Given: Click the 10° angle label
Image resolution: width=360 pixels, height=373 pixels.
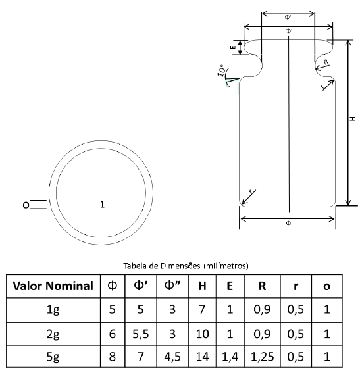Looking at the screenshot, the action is [222, 70].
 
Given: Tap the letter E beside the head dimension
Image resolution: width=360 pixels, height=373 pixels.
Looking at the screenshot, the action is [233, 47].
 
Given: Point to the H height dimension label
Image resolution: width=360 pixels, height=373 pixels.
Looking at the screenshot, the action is [353, 118].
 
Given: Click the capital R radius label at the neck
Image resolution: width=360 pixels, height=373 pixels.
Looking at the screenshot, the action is [326, 62].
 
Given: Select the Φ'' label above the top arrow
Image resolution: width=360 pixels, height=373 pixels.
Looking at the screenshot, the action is [288, 17].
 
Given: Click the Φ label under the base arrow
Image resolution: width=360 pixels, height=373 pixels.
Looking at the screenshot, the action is [288, 223].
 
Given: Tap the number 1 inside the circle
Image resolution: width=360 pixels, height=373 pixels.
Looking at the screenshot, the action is [102, 205].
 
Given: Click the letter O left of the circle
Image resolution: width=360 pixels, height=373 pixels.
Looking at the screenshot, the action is [26, 205].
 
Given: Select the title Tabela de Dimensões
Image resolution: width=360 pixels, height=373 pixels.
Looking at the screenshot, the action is [162, 266].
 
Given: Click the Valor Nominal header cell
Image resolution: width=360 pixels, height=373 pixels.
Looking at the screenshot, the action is [53, 286].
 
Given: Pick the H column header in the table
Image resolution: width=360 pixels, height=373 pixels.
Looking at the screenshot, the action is [202, 286].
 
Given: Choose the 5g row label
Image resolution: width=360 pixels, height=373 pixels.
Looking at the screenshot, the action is [53, 357].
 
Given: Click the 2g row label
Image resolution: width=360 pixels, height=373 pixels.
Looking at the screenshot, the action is [53, 334].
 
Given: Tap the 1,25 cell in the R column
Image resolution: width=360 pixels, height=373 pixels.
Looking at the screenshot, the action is [262, 357].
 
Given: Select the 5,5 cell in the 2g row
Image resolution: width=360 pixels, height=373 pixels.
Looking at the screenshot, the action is [140, 334].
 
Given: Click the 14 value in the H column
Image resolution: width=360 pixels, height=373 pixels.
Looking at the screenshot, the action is [202, 357].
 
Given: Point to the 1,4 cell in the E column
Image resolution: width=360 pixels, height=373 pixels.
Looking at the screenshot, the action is [230, 357].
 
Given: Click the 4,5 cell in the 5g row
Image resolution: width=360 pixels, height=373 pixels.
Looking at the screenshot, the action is [172, 357].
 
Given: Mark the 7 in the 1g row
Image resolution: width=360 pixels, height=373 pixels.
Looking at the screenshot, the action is [202, 309].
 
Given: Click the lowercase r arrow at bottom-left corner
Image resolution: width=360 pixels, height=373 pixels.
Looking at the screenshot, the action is [249, 197].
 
